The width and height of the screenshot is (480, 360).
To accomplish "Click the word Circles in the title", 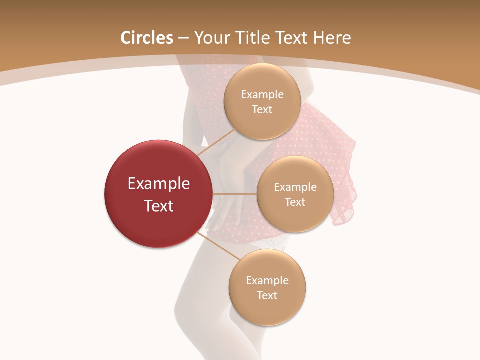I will (147, 38).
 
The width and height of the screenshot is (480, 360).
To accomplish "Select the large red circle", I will (158, 194).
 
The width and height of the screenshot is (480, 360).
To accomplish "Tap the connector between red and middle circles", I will (234, 194).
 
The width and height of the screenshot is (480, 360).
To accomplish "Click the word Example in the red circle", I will (159, 184).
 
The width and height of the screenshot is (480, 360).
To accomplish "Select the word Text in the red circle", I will (159, 206).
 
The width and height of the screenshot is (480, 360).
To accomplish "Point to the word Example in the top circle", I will (262, 95).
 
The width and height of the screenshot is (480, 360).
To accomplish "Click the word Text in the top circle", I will (262, 110).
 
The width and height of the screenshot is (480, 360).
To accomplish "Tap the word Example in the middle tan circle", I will (295, 187).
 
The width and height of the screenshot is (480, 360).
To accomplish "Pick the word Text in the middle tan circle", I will (295, 202).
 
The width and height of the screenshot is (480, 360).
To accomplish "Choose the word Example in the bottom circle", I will (267, 281).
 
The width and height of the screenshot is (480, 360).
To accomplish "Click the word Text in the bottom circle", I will (267, 296).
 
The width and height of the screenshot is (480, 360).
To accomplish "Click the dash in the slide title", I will (183, 38).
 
